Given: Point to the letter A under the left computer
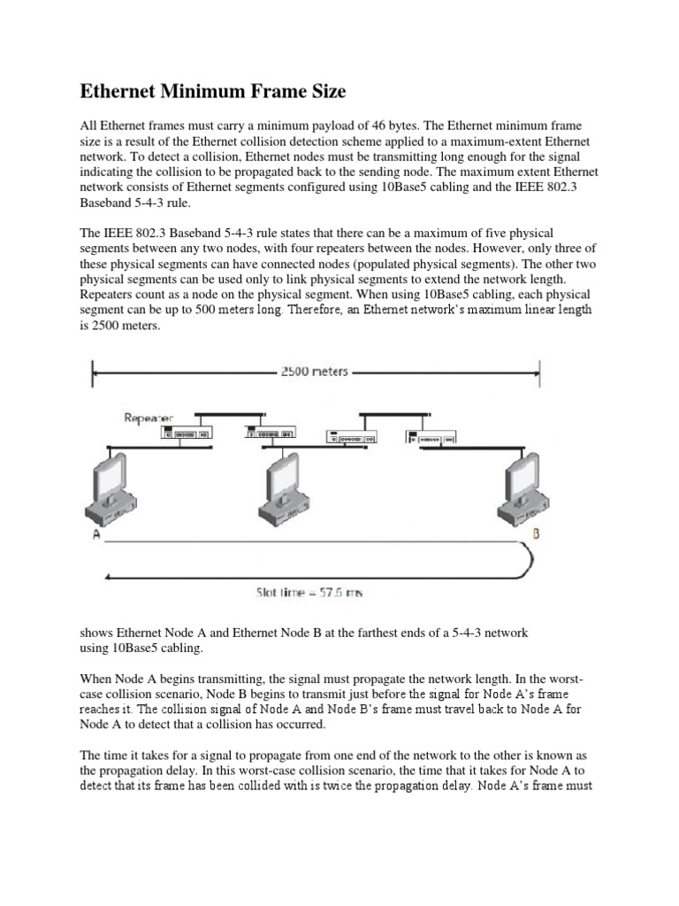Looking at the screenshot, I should [95, 536].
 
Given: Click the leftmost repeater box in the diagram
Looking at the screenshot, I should [185, 434].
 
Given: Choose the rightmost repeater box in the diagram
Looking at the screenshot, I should [431, 436].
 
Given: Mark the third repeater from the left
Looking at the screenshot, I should [351, 436].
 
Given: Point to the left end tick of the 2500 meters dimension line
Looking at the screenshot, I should [93, 372].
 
